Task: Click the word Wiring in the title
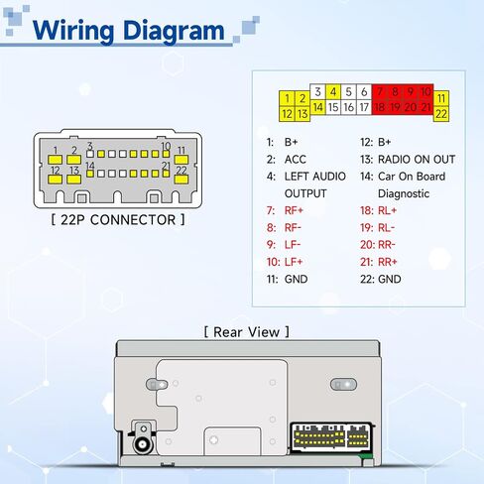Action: (x=73, y=32)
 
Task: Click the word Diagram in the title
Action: (x=174, y=32)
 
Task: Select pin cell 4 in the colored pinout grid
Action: (x=333, y=91)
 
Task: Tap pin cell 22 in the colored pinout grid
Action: (x=441, y=114)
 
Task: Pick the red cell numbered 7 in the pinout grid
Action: (x=380, y=91)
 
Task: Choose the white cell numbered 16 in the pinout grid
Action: (x=348, y=107)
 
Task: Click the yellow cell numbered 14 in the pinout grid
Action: (x=317, y=107)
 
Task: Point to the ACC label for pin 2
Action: (x=296, y=160)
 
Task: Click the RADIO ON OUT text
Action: (x=417, y=160)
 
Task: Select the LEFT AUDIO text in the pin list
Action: (x=315, y=177)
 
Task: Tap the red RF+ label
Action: (x=294, y=210)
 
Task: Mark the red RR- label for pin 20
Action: (x=387, y=245)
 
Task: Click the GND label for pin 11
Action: (x=296, y=280)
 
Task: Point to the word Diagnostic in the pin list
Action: (x=404, y=193)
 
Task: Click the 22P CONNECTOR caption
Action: (x=118, y=220)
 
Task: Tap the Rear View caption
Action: (x=246, y=332)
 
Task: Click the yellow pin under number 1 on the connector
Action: (x=55, y=160)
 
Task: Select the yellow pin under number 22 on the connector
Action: (x=181, y=180)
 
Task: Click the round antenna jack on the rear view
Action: (x=144, y=443)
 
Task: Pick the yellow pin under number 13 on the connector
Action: (x=74, y=180)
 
